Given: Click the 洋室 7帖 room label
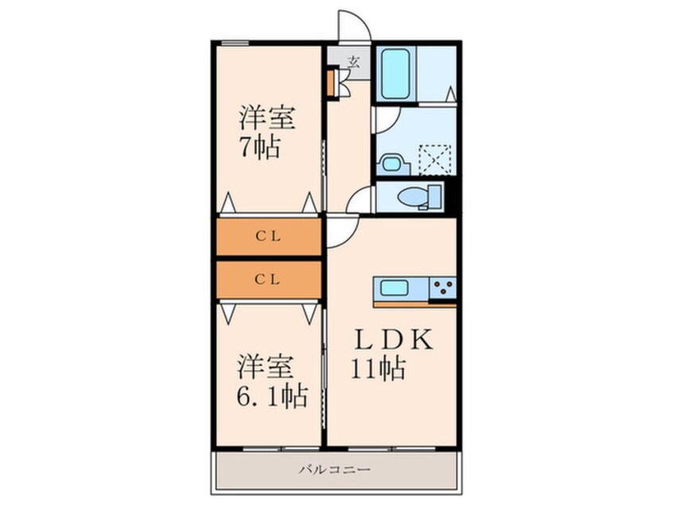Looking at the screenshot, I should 267,133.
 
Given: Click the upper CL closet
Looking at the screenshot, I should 268,237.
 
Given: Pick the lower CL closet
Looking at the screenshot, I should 268,280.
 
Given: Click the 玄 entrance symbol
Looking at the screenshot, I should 353,61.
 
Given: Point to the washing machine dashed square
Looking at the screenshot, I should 436,157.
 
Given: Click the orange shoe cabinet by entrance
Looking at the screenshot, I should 329,84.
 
